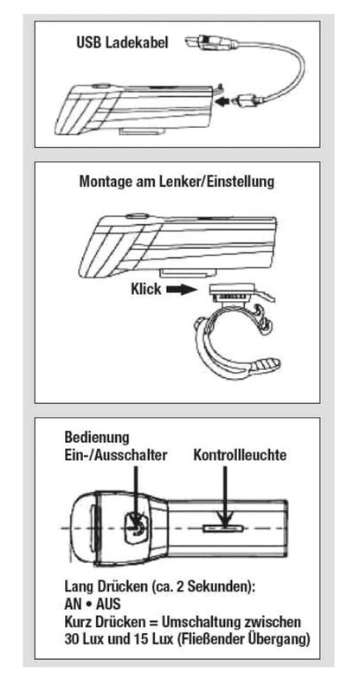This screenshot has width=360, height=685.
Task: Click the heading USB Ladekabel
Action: pyautogui.click(x=127, y=41)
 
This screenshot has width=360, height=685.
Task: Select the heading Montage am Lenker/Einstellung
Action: pyautogui.click(x=177, y=183)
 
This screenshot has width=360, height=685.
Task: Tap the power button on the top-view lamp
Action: pyautogui.click(x=136, y=525)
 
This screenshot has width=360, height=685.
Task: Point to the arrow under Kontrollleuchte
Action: pyautogui.click(x=228, y=493)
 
